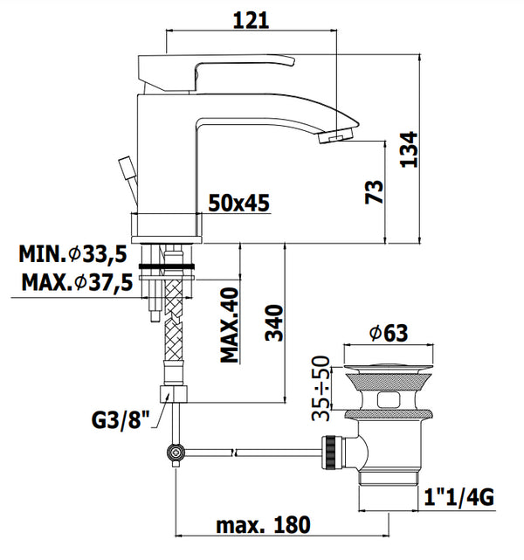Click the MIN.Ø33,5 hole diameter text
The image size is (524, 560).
73,255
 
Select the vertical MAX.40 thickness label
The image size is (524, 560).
230,324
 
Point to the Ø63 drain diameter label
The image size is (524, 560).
388,333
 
